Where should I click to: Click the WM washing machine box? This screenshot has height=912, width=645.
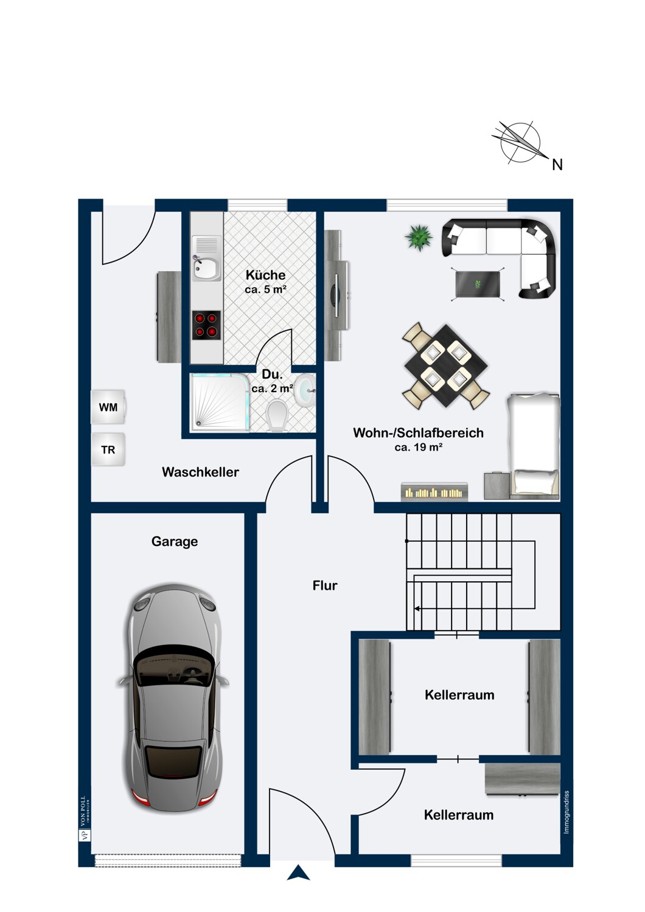108,407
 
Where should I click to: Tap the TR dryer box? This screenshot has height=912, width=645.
108,449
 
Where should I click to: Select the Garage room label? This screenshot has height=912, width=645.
175,542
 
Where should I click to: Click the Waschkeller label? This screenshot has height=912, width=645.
200,472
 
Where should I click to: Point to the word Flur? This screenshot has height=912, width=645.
325,586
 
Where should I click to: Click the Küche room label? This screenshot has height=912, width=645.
265,275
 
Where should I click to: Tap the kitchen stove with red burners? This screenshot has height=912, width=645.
206,325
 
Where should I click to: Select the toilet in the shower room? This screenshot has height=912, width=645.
276,415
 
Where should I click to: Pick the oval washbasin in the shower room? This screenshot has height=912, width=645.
304,391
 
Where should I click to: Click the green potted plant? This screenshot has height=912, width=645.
419,237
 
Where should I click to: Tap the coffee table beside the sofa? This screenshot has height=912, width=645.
478,284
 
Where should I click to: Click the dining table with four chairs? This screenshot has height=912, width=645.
446,366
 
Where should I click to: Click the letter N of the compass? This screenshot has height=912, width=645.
557,165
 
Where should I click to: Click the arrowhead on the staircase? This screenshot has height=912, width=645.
417,609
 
